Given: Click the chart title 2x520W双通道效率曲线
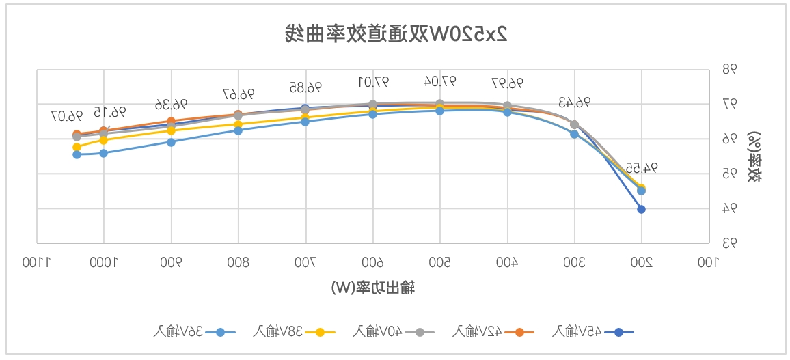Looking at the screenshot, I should tap(396, 32).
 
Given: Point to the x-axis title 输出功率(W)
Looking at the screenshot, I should tap(372, 288).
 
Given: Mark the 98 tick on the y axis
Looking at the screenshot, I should tap(730, 70).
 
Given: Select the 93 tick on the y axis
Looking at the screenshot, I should tap(730, 243).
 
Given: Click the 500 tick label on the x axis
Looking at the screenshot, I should tap(440, 262).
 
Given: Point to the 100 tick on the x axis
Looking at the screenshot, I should tap(709, 262).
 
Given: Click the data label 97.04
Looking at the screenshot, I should tap(439, 82).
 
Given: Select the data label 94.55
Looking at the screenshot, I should tap(641, 167).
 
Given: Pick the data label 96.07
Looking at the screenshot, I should tap(66, 115).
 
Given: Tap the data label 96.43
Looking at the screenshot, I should tap(574, 102).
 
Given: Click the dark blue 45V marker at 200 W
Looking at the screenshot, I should tap(641, 209).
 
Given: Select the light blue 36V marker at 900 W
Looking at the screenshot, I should tap(171, 142).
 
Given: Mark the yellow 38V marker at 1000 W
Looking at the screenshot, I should tap(104, 140).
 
